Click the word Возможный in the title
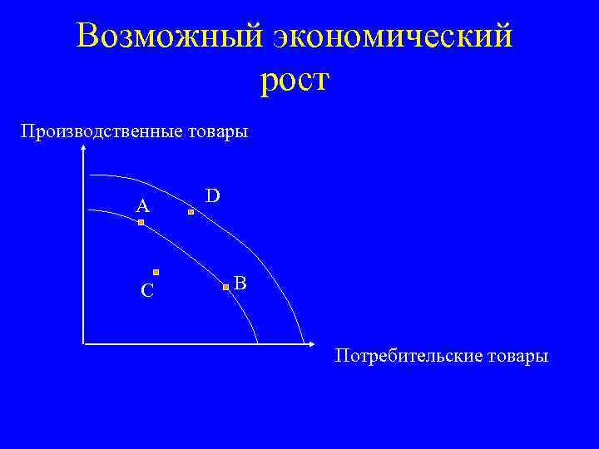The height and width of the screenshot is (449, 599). coord(166,37)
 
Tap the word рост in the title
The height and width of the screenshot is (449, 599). coord(295,81)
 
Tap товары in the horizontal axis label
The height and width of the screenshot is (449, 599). coord(516,356)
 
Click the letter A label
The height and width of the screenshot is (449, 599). coord(143,205)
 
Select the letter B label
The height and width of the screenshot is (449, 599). coord(240,283)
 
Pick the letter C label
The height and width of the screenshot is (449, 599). coord(146,290)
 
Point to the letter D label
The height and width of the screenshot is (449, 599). coord(213,195)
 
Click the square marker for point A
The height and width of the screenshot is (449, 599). coord(141,223)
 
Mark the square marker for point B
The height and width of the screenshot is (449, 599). coord(225,288)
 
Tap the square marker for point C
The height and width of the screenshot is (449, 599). coord(156,272)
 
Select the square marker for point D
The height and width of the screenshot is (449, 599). coord(191,213)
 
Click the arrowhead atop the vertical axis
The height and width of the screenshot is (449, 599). coord(84,147)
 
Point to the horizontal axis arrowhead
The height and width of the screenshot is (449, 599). coord(309,343)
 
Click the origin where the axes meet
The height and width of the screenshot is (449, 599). coord(84,343)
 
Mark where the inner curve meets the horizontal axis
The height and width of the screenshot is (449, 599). coord(258,343)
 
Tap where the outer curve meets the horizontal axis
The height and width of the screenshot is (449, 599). coord(301,343)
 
